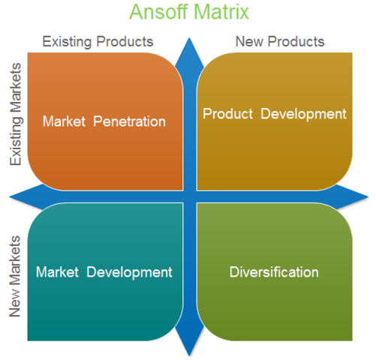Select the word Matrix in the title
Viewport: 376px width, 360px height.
click(223, 13)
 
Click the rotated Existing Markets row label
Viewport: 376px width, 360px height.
click(16, 115)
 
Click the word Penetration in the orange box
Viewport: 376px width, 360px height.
click(129, 121)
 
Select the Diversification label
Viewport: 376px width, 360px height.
click(274, 271)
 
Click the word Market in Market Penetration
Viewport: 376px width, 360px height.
click(65, 121)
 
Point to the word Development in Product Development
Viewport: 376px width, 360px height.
click(303, 114)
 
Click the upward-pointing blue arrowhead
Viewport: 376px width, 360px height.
click(190, 46)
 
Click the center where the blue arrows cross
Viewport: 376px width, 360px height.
click(190, 196)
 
